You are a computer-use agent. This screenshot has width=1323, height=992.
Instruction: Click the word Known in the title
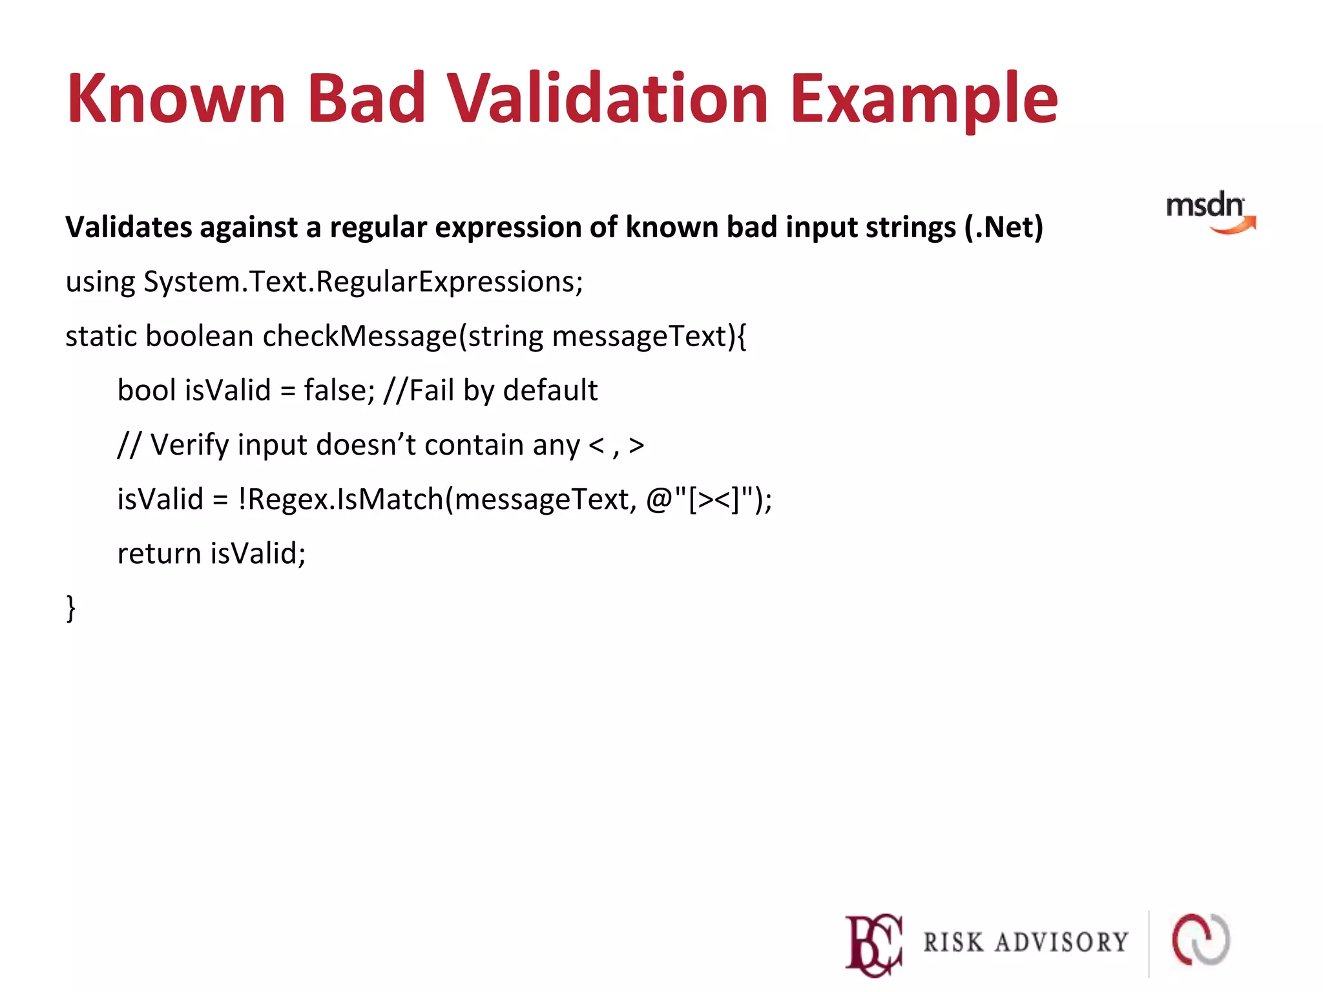176,98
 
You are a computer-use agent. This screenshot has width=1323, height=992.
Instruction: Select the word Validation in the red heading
607,98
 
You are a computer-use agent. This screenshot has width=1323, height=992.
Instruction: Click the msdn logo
1209,212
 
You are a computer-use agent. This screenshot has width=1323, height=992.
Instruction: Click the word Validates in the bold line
129,227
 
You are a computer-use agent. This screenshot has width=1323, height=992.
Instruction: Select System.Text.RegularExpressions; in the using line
363,282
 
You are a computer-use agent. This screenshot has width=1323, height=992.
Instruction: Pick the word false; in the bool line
339,391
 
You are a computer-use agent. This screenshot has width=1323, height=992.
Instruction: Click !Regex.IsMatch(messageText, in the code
437,500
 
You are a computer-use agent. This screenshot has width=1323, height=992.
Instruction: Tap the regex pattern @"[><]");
709,500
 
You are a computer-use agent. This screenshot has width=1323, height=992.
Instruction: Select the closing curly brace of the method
71,608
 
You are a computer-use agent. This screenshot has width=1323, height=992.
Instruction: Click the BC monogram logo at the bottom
873,944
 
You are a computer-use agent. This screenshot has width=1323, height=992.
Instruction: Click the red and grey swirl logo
1201,940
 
